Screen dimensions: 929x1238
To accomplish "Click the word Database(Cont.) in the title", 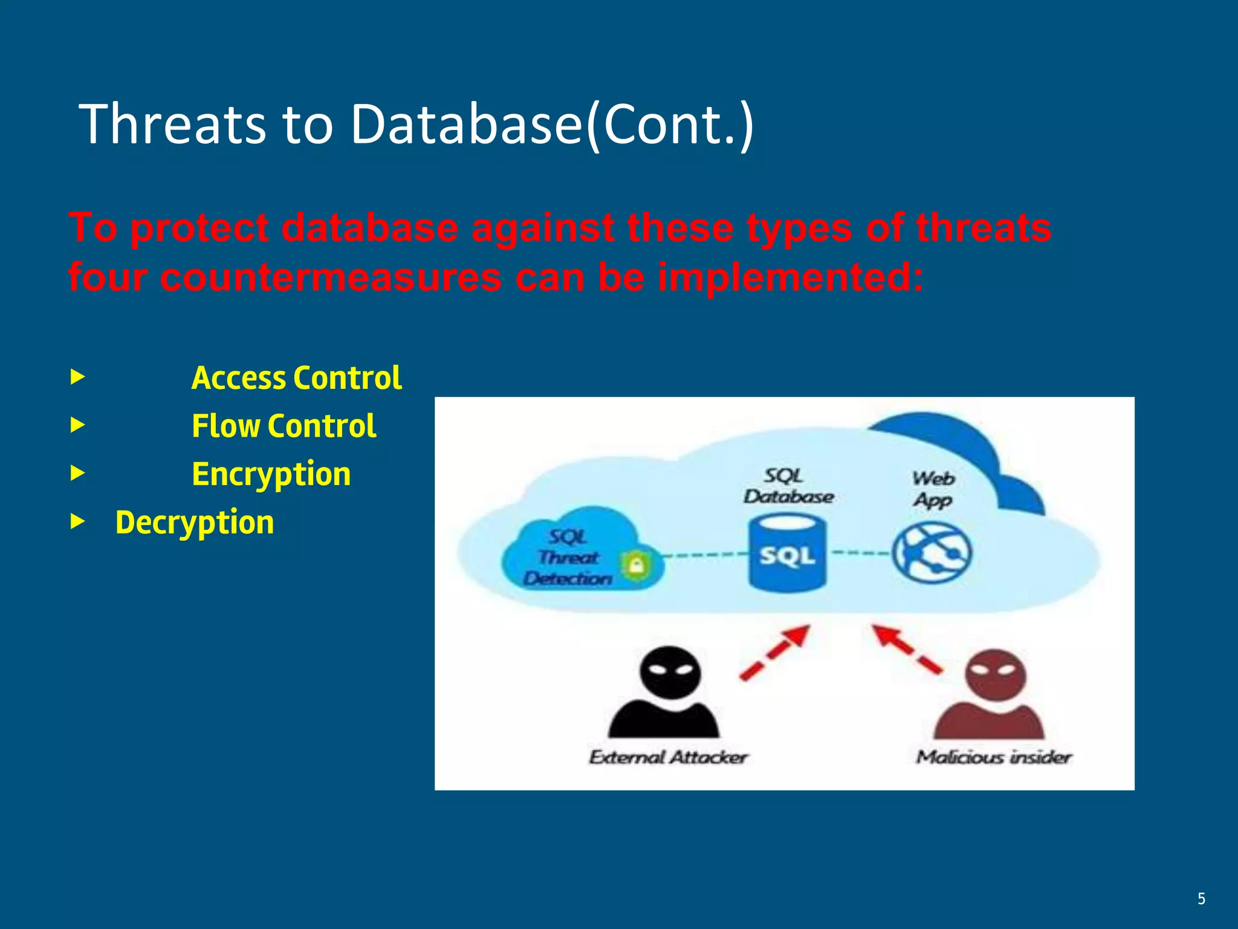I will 551,125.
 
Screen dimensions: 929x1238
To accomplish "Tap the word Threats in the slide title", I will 172,125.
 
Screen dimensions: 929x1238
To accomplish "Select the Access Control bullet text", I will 296,378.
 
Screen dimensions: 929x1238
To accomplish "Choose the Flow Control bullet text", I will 284,426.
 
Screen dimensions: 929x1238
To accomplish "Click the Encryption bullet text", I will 271,474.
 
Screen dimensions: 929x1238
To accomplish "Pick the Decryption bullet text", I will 194,523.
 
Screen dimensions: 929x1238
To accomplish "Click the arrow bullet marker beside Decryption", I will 77,521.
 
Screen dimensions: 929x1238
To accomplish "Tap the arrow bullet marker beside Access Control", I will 77,377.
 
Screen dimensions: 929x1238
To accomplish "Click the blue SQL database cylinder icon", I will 787,553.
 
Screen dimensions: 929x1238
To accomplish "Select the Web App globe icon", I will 932,553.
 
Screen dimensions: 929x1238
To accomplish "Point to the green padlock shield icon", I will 635,567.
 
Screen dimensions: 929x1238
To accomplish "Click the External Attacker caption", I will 668,757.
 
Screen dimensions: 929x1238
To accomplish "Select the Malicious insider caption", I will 993,757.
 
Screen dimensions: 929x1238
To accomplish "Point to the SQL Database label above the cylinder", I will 787,486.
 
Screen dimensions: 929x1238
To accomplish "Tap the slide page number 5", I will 1201,899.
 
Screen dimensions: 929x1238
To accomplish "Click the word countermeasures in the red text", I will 331,278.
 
